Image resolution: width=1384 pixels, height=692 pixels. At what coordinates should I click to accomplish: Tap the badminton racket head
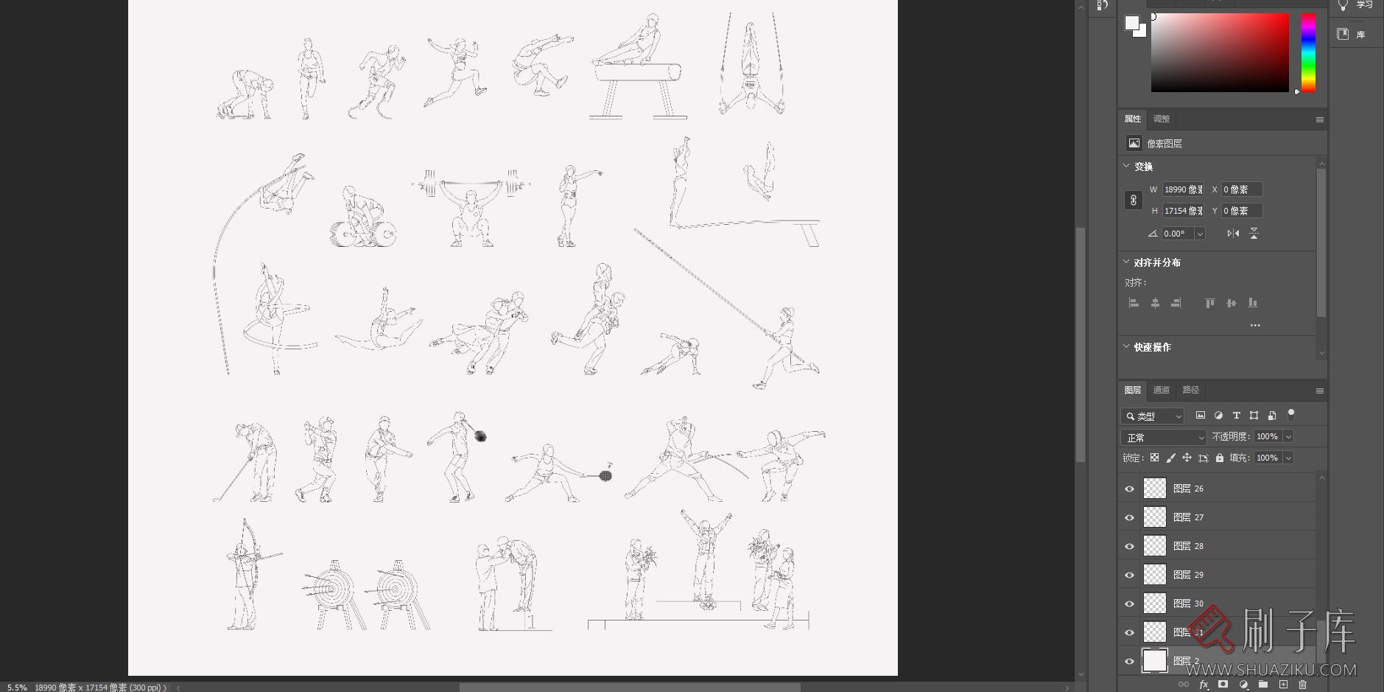point(605,475)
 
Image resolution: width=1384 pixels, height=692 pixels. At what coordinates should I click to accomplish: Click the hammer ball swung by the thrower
point(480,436)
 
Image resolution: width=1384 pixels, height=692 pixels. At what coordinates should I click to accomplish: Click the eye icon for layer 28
point(1129,546)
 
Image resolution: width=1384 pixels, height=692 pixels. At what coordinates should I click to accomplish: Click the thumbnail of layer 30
point(1154,604)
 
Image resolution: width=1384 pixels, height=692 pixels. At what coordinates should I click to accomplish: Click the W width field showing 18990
point(1183,189)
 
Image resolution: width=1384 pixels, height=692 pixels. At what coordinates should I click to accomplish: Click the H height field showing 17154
point(1183,211)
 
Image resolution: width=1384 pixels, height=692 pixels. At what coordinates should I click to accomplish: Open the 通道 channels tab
point(1161,390)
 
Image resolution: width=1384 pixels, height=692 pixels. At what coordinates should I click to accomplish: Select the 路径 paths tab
point(1190,390)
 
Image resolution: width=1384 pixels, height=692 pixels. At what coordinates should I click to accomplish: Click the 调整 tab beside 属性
point(1162,119)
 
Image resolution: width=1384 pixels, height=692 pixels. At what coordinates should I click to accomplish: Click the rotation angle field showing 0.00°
point(1176,234)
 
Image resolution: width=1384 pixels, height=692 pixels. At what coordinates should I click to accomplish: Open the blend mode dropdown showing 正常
point(1164,438)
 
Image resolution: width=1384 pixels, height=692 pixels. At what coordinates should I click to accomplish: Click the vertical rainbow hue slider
point(1308,52)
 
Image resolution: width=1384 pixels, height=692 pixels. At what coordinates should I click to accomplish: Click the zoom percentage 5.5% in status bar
point(17,687)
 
